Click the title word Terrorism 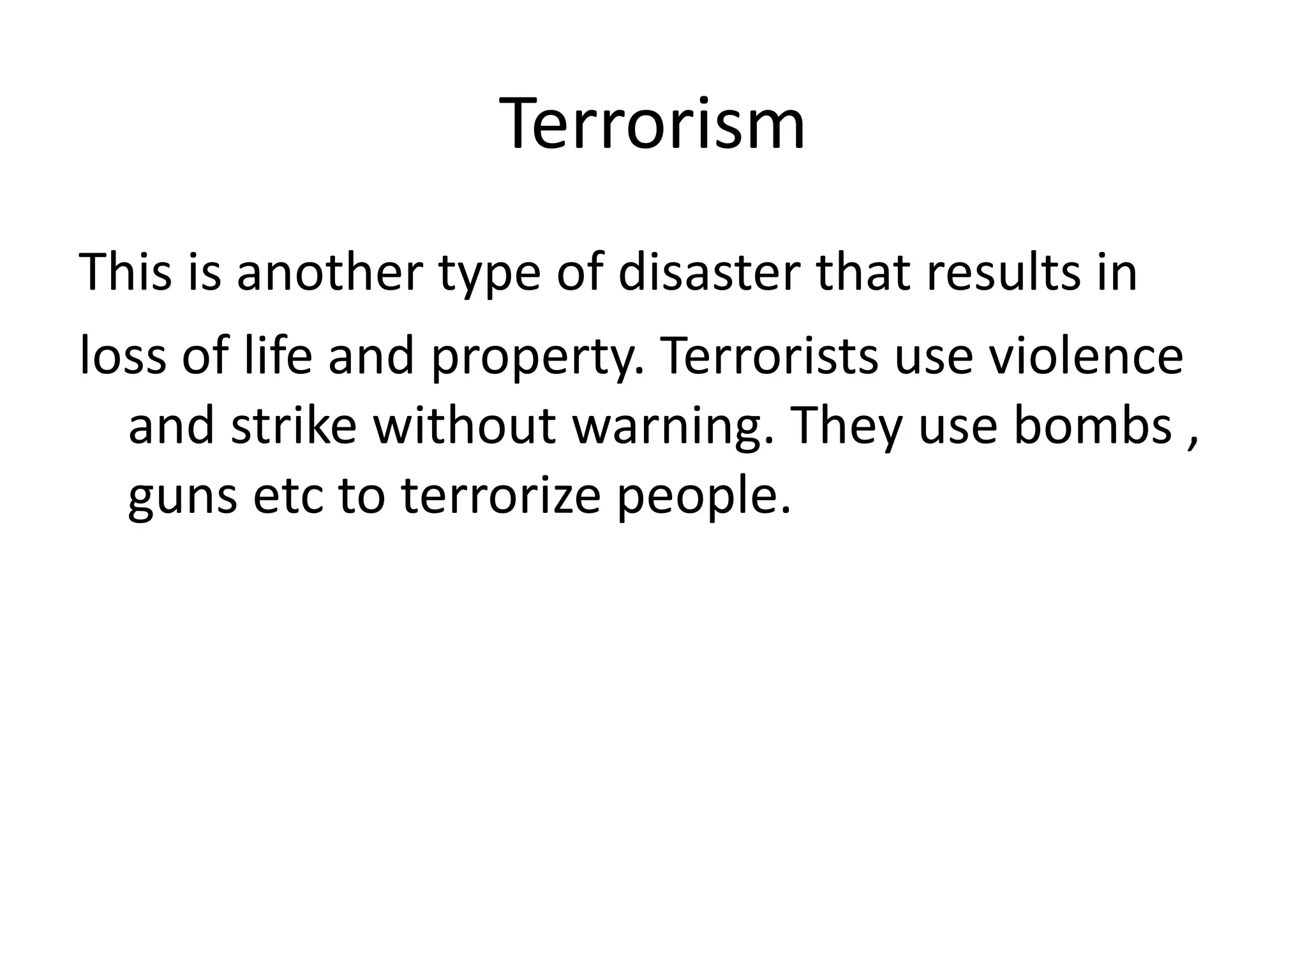pos(653,124)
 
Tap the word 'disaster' pos(708,272)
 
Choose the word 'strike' pos(294,426)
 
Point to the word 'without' pos(465,426)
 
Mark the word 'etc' pos(288,496)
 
